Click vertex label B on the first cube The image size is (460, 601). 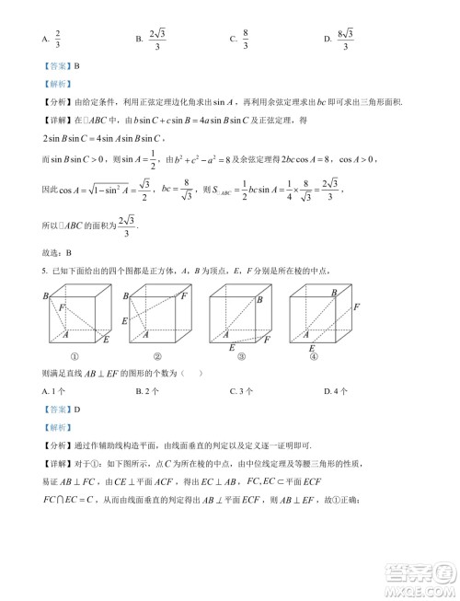(x=44, y=296)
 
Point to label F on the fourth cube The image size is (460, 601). (x=355, y=306)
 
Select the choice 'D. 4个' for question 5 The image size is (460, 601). (x=336, y=390)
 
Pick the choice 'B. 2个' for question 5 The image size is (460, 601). (x=147, y=390)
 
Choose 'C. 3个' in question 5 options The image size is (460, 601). (x=241, y=390)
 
